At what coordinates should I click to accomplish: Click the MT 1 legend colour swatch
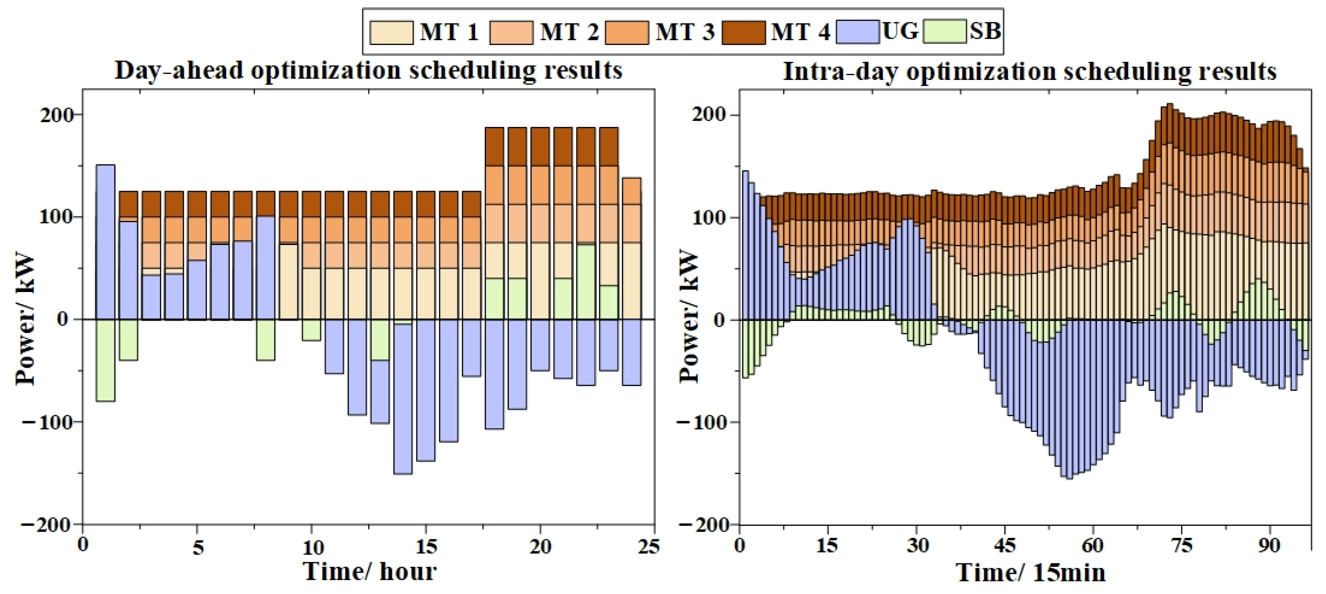[x=392, y=32]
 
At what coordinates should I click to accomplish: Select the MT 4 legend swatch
[x=743, y=32]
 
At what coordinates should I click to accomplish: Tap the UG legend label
[x=900, y=32]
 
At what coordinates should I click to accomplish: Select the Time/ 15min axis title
[x=1030, y=572]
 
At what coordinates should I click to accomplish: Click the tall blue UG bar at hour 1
[x=106, y=242]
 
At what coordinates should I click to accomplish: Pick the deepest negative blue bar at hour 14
[x=403, y=399]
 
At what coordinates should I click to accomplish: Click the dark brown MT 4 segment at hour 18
[x=494, y=147]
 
